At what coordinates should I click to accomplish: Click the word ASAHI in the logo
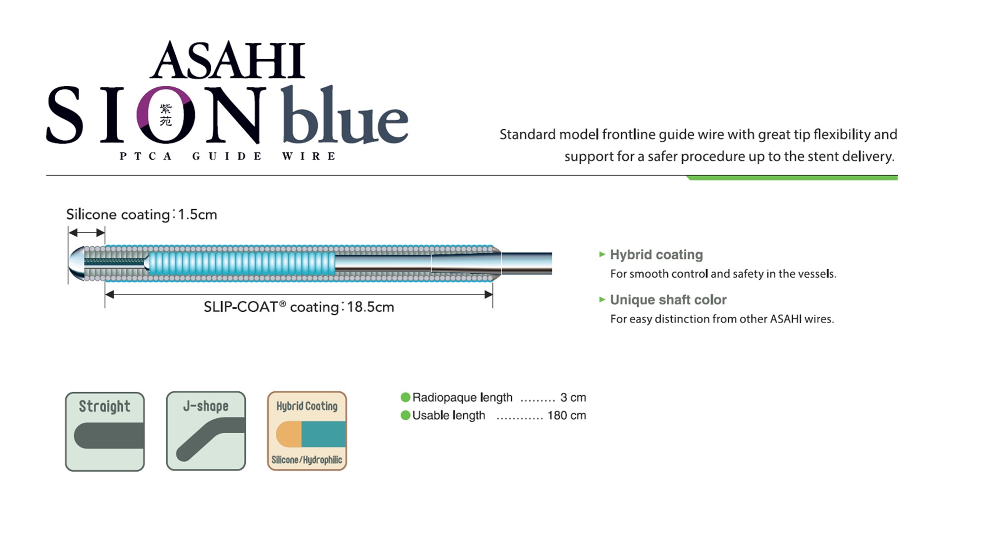click(228, 60)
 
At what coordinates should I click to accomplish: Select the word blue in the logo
click(345, 114)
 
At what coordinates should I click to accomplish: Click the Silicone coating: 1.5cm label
click(142, 215)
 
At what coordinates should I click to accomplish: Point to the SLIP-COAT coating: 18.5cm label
click(299, 307)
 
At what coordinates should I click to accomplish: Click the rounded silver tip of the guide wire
click(76, 263)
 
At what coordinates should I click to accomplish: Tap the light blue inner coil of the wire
click(241, 263)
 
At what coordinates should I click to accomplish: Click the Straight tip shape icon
click(105, 432)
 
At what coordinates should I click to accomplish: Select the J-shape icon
click(206, 431)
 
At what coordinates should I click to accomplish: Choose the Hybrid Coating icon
click(307, 431)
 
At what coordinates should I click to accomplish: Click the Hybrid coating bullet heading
click(656, 255)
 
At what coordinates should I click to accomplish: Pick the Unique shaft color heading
click(668, 300)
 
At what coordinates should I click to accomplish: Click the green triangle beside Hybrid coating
click(602, 255)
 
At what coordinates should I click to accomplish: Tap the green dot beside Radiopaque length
click(406, 397)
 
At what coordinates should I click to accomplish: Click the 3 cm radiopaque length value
click(573, 398)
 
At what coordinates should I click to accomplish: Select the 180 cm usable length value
click(567, 415)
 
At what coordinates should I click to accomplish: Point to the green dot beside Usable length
click(406, 415)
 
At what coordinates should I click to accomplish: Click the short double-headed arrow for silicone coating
click(86, 232)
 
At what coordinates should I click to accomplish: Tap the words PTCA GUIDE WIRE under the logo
click(228, 156)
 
